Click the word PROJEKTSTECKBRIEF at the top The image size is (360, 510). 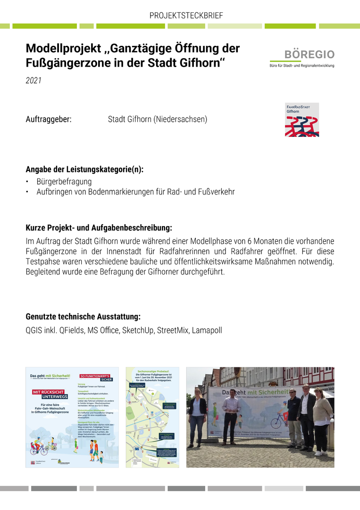(186, 16)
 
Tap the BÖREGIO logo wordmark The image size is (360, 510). (309, 54)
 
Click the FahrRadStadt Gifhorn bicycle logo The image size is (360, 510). (301, 120)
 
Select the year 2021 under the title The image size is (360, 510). (33, 81)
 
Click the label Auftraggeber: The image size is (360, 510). (49, 119)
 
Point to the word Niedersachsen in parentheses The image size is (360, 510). (180, 119)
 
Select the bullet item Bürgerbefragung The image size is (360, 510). (64, 181)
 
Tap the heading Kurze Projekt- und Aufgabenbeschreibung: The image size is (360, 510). (99, 228)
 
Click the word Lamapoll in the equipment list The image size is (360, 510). (207, 331)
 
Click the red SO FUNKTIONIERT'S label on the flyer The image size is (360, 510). (96, 377)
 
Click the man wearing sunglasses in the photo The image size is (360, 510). (293, 411)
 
